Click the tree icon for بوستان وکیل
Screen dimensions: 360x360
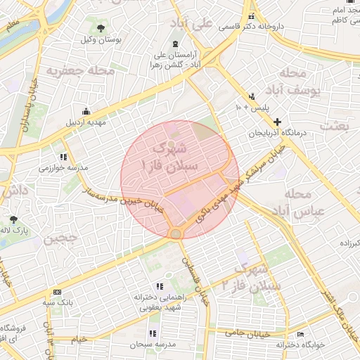101,29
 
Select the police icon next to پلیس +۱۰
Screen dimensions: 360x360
252,96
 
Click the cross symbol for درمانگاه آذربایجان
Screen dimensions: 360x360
277,122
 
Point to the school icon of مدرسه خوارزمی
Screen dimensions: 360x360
63,157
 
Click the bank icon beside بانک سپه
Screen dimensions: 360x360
56,292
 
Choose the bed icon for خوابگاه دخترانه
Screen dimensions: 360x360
301,334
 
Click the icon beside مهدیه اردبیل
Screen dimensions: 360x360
86,111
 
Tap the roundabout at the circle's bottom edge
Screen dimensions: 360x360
175,233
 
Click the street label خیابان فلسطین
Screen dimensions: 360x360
195,279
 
